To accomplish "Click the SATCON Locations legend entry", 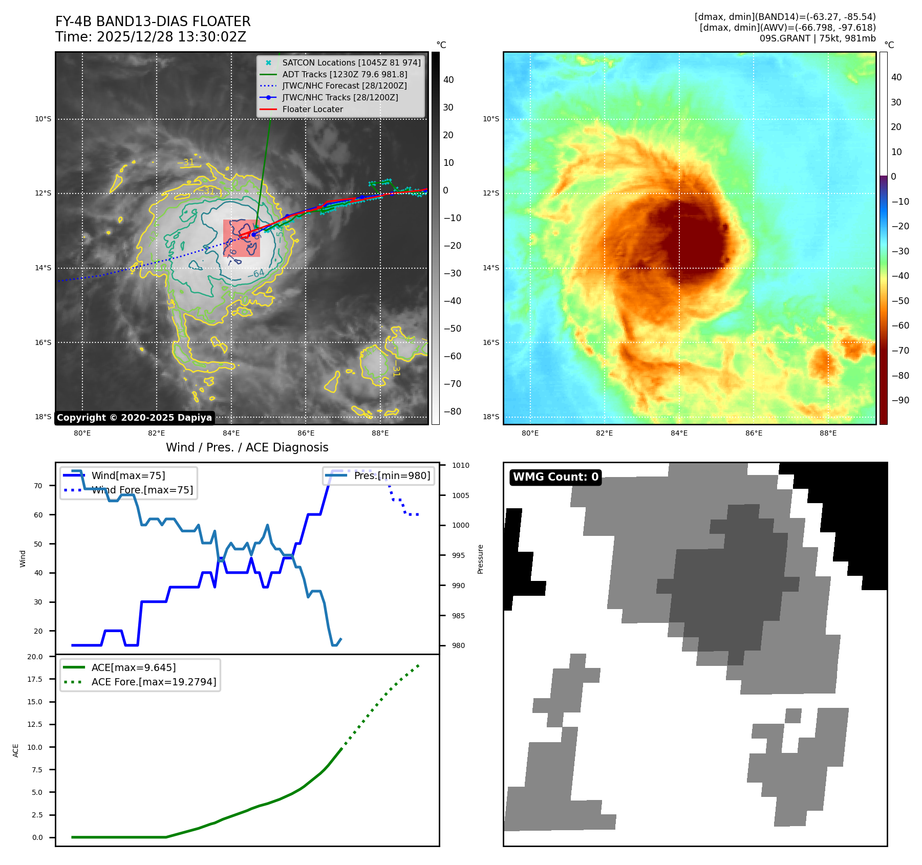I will [x=351, y=62].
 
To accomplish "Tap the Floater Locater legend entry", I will [x=312, y=109].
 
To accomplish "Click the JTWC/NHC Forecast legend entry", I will [x=345, y=85].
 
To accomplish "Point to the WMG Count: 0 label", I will [x=555, y=477].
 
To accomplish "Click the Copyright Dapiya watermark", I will [x=134, y=418].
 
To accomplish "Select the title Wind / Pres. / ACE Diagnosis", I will [x=247, y=447].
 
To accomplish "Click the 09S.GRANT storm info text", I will [x=817, y=38].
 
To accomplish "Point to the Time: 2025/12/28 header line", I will [x=151, y=37].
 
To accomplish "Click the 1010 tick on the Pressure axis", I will [x=460, y=465].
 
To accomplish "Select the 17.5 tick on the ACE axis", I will [x=35, y=679].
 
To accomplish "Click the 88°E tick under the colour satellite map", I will [x=828, y=433].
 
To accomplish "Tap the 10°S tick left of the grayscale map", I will [x=43, y=119].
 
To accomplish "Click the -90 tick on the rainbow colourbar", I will [x=900, y=400].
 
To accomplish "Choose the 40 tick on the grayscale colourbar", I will [x=448, y=80].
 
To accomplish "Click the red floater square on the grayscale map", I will [x=242, y=239].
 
